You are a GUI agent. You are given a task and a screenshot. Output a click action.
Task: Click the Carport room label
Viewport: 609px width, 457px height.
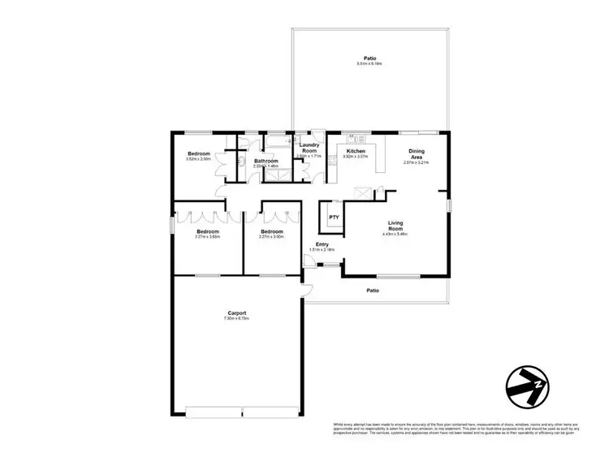tap(237, 313)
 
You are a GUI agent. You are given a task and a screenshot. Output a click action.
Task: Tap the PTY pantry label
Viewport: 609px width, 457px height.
tap(333, 218)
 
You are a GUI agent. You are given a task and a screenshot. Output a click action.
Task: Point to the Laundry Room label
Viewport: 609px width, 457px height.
tap(309, 148)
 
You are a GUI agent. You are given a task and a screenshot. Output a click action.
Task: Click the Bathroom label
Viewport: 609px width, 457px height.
tap(266, 161)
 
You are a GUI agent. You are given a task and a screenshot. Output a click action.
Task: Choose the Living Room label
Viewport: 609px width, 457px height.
tap(395, 225)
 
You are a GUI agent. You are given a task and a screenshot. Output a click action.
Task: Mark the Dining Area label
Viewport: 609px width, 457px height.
tap(416, 153)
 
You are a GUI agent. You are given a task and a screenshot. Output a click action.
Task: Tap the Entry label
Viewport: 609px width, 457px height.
tap(322, 244)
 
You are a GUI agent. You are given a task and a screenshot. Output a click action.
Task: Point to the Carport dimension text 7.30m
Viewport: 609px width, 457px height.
tap(236, 319)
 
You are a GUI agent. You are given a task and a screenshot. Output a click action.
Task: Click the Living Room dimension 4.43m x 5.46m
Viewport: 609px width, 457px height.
tap(395, 235)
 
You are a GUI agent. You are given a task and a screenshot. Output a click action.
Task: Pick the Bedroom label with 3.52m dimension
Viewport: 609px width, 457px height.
tap(199, 153)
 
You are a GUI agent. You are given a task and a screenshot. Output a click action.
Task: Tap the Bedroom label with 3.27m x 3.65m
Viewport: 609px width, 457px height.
tap(208, 231)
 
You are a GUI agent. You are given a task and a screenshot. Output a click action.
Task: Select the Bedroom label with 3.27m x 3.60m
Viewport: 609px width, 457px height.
tap(271, 231)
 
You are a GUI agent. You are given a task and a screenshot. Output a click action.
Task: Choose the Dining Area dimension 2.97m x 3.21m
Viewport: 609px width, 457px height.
tap(416, 162)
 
